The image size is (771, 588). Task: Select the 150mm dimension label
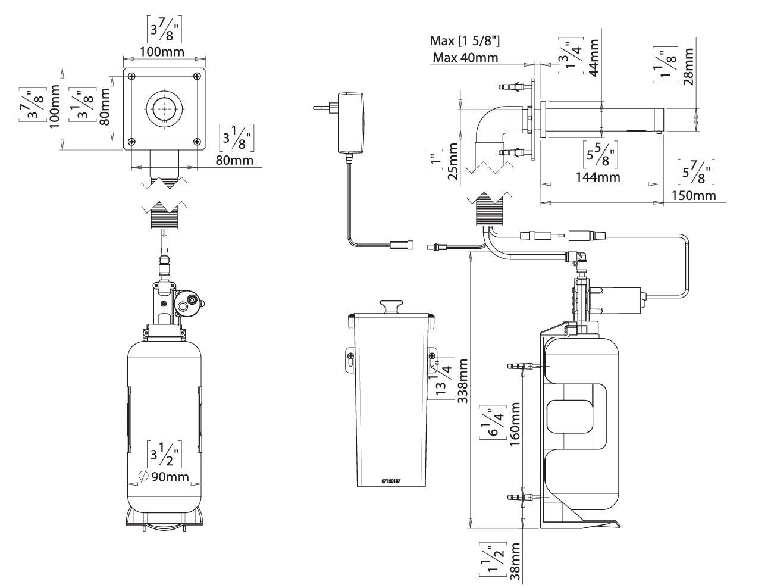coord(694,195)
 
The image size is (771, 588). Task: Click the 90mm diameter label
coord(170,477)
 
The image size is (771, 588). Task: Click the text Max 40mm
coord(465,58)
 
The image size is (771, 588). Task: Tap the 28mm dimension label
coord(688,66)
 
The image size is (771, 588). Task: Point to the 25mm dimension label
coord(453,162)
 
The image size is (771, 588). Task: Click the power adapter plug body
coord(349,121)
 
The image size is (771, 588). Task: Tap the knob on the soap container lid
coord(391,305)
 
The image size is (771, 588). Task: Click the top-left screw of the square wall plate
coord(131,76)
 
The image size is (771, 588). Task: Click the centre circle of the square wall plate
coord(164,108)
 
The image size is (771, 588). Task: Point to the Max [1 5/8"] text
coord(465,41)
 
